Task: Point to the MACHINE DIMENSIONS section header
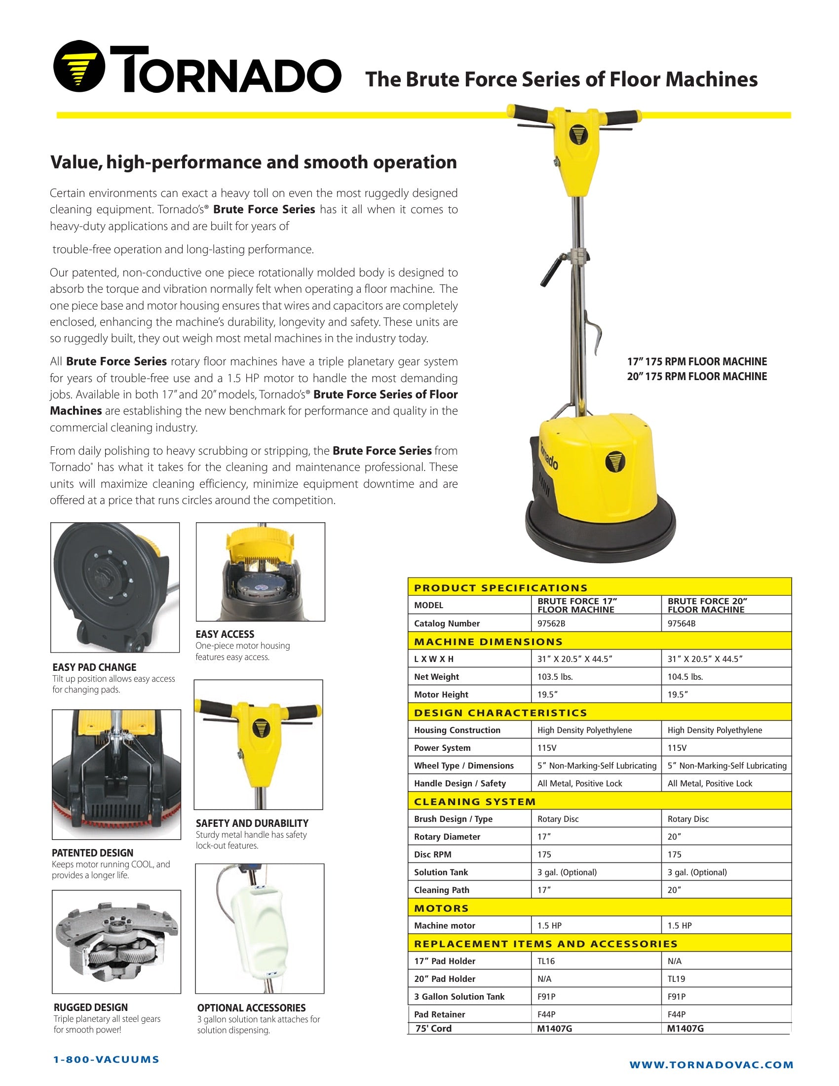click(488, 641)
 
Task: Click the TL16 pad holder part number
click(546, 961)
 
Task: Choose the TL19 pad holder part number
click(676, 979)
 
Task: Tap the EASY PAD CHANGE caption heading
click(94, 667)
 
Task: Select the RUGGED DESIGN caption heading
click(90, 1008)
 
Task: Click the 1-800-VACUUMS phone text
click(107, 1060)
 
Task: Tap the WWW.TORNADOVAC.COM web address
click(711, 1065)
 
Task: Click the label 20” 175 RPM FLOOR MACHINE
click(696, 377)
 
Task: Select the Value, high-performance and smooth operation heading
click(253, 162)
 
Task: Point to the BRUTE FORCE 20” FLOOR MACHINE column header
click(707, 605)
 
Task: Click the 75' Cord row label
click(433, 1029)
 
